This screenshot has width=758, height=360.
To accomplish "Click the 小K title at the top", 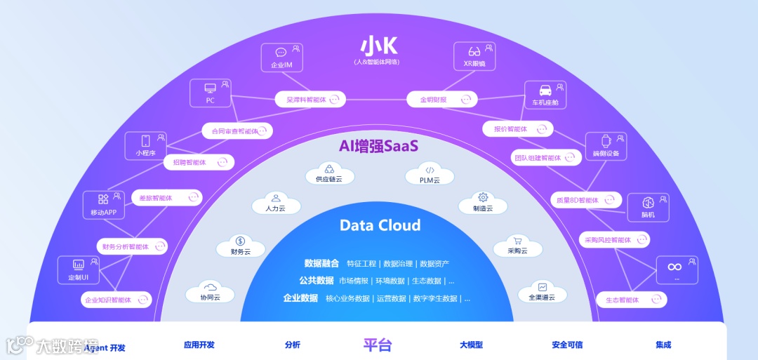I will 379,46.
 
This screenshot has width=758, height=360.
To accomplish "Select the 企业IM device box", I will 281,57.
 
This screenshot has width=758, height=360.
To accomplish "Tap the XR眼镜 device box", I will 475,57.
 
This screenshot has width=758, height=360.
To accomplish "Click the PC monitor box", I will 210,93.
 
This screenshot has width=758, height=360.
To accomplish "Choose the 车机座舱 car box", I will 545,95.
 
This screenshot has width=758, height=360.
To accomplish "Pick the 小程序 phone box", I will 145,145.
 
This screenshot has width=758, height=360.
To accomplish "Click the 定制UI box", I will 78,269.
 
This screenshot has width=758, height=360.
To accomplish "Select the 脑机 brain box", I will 648,207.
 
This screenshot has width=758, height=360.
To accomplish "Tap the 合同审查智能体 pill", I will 237,131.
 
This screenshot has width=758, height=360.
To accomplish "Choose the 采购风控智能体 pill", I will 615,240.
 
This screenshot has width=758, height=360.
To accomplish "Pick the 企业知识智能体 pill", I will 116,300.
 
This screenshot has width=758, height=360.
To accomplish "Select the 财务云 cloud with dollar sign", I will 240,246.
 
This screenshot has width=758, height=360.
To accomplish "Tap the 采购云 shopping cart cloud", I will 517,245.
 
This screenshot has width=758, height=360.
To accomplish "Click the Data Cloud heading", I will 380,225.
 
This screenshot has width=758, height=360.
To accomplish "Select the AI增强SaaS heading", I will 378,146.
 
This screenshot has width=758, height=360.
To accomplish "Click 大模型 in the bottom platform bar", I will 471,345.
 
